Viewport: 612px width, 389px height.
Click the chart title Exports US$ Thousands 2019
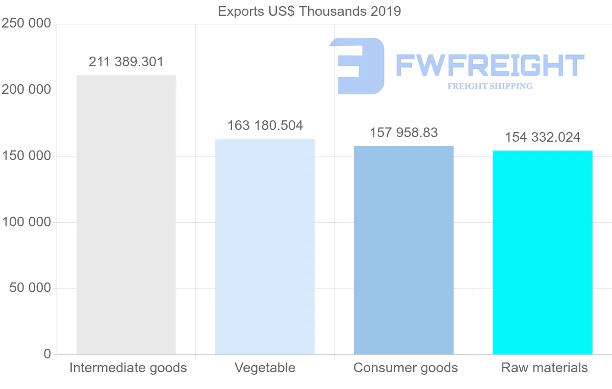point(309,11)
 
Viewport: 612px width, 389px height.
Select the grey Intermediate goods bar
point(126,214)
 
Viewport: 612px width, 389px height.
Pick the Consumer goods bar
point(403,250)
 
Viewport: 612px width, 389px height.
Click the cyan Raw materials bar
point(542,252)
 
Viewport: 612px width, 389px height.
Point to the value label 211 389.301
point(126,62)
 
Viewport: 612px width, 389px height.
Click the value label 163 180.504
point(265,125)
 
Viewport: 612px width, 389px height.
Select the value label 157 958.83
point(403,133)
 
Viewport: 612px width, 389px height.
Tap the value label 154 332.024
point(542,137)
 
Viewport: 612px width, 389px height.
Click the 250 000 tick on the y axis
point(27,23)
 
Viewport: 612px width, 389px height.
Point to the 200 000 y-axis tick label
point(27,90)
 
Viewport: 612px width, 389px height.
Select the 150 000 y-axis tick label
point(27,156)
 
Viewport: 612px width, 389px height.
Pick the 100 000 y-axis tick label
point(27,222)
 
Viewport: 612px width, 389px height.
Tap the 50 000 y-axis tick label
point(30,288)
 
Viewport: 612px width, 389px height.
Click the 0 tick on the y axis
point(47,354)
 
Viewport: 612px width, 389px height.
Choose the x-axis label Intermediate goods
point(128,368)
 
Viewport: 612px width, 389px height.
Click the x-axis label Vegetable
point(265,368)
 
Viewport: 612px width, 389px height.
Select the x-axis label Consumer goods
point(405,368)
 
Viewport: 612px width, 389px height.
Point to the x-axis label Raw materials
point(544,368)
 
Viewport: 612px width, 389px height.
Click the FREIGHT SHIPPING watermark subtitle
point(490,86)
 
